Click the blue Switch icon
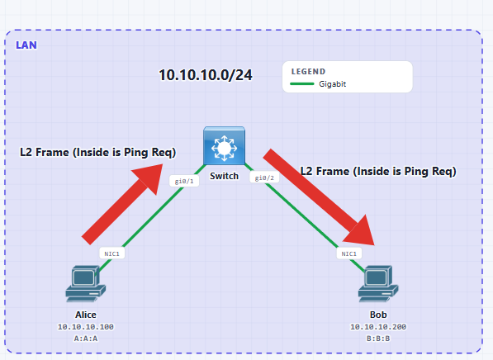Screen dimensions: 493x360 pos(224,145)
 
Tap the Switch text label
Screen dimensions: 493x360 pos(224,176)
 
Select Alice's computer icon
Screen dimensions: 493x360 pos(86,284)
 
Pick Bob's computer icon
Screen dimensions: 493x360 pos(378,284)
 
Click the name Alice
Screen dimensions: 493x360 pos(86,315)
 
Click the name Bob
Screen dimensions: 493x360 pos(378,315)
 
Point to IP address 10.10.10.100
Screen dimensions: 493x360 pos(86,327)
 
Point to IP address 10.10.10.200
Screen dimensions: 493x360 pos(378,327)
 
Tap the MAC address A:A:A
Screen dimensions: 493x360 pos(86,339)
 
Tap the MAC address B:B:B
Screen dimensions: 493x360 pos(378,339)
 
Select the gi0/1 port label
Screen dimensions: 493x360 pos(184,181)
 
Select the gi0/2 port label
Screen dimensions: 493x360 pos(264,178)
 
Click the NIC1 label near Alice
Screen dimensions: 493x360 pos(112,253)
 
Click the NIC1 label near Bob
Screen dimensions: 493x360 pos(349,253)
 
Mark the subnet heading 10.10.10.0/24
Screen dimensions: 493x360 pos(206,75)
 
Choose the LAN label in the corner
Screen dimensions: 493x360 pos(26,45)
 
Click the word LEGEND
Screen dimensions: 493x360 pos(309,72)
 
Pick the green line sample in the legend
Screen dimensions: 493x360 pos(302,84)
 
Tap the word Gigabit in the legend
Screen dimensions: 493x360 pos(332,84)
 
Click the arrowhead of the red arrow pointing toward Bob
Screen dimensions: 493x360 pos(362,232)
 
